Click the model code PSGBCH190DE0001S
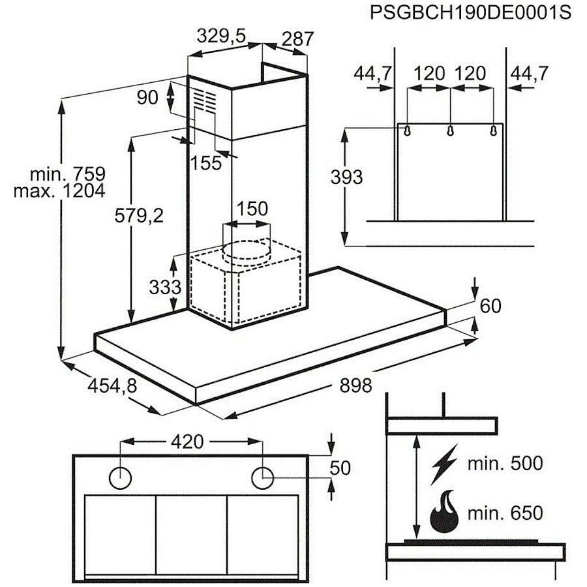[x=470, y=12]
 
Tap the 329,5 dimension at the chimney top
[x=221, y=37]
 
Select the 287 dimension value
[x=297, y=39]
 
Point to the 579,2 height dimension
[x=139, y=216]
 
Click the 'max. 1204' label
[x=59, y=191]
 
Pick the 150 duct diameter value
[x=252, y=209]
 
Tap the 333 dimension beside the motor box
[x=165, y=287]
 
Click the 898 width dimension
[x=355, y=385]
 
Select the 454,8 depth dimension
[x=112, y=385]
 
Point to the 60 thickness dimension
[x=490, y=306]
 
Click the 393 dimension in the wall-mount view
[x=347, y=177]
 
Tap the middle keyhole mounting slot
[x=450, y=130]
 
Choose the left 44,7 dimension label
[x=372, y=73]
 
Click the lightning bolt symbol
[x=444, y=464]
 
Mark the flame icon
[x=444, y=512]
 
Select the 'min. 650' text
[x=505, y=513]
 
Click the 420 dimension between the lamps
[x=187, y=442]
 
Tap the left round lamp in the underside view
[x=120, y=478]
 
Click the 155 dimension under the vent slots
[x=206, y=163]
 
